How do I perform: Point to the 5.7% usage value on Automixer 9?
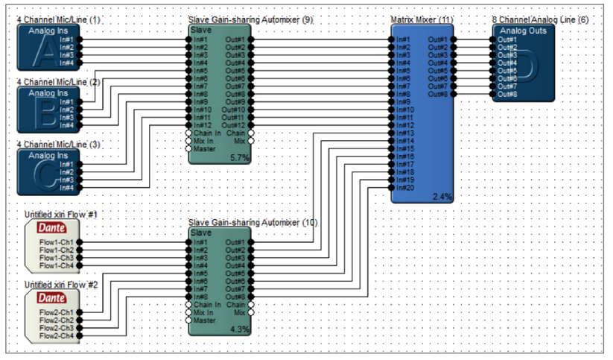(x=240, y=158)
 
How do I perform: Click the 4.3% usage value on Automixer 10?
(x=240, y=328)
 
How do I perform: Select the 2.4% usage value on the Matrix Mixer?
(x=442, y=196)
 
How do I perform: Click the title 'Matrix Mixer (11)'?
(x=422, y=19)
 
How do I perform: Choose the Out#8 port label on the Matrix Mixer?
(x=437, y=94)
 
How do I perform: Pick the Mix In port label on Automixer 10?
(x=203, y=312)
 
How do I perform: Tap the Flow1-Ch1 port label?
(x=57, y=242)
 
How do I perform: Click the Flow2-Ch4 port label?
(x=57, y=335)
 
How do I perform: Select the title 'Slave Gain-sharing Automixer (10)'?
(x=252, y=222)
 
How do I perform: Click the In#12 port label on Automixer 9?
(x=203, y=125)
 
